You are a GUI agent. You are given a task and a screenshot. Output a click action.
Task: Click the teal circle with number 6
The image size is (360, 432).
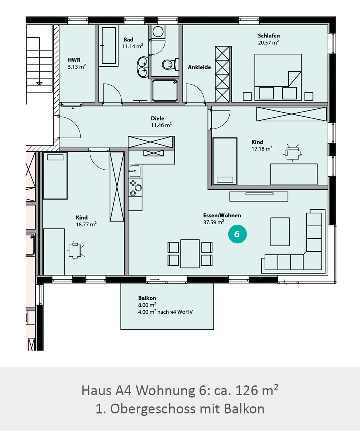[x=237, y=234]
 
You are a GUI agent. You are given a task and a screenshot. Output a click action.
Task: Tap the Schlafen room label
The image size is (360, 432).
[x=269, y=36]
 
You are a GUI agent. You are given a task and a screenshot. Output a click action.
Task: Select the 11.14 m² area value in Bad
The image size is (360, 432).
[x=132, y=46]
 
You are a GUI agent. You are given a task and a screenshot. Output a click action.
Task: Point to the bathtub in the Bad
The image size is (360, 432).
[x=109, y=45]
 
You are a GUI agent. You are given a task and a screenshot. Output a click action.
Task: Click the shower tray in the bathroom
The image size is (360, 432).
[x=165, y=90]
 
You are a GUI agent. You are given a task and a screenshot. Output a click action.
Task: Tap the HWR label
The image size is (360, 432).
[x=74, y=60]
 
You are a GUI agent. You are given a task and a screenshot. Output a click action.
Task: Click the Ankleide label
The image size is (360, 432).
[x=199, y=67]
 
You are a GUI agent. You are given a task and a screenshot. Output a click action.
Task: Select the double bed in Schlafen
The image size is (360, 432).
[x=278, y=77]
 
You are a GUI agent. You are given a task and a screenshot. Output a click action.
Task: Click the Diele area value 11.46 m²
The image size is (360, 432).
[x=161, y=125]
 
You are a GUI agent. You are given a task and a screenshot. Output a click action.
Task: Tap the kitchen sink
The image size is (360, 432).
[x=135, y=171]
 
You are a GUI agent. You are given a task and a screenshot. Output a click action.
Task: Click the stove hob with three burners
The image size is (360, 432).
[x=135, y=188]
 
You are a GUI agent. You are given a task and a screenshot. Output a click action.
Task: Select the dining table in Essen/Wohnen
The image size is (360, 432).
[x=190, y=254]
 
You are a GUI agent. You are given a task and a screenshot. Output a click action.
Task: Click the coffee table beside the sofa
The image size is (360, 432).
[x=280, y=231]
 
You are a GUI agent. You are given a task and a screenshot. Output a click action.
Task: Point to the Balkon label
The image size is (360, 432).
[x=147, y=298]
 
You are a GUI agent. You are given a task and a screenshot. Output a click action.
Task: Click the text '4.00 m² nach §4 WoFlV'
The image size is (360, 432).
[x=165, y=312]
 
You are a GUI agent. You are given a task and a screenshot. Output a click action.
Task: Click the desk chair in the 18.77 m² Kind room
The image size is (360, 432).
[x=75, y=251]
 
